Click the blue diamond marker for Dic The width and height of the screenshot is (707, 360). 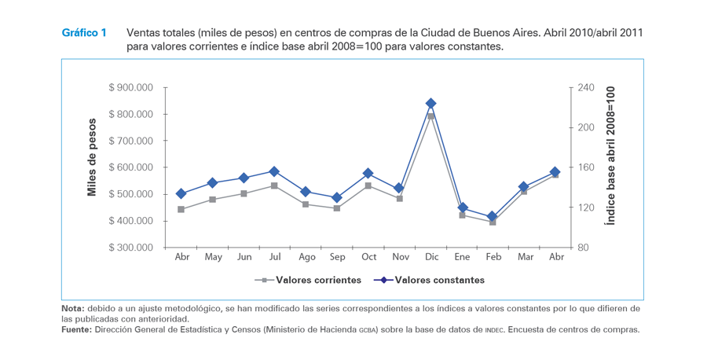(430, 104)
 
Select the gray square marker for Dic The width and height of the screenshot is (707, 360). (430, 116)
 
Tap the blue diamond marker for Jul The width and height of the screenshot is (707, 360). (274, 171)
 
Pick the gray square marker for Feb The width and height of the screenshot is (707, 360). (493, 222)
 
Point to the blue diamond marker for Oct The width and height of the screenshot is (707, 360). (368, 173)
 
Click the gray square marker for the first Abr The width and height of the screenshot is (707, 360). (181, 209)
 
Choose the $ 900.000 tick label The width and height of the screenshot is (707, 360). (131, 87)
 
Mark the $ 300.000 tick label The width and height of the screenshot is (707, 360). (131, 248)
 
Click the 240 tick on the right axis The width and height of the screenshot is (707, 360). (587, 87)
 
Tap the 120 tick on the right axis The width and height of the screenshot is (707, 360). (587, 208)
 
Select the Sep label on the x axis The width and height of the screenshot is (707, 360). (337, 257)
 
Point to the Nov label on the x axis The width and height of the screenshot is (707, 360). (400, 257)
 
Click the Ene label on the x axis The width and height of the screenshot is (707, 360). (462, 257)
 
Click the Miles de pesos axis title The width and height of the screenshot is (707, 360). (92, 157)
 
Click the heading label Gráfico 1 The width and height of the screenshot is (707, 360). (84, 33)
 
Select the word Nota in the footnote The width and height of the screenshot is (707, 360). (73, 308)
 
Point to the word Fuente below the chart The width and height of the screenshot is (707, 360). (76, 329)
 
